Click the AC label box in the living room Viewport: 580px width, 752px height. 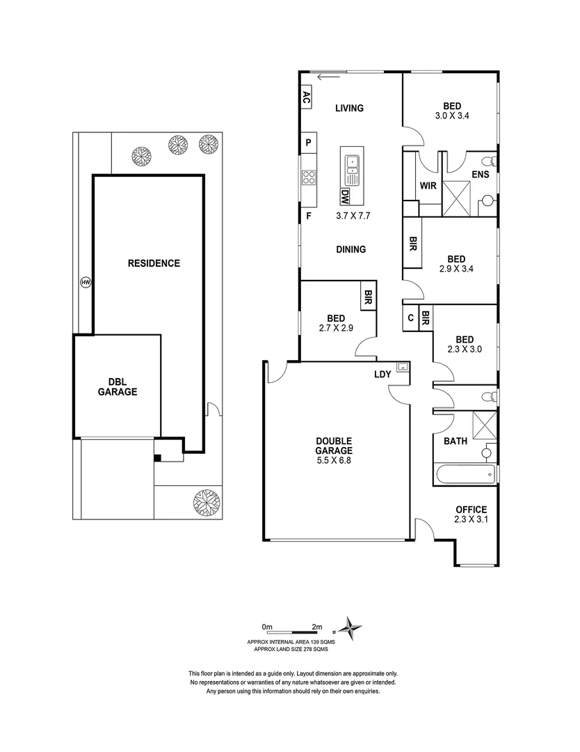305,97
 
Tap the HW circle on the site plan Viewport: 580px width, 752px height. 86,283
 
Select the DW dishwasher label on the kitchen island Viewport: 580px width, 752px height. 344,197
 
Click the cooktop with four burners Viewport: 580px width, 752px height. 309,178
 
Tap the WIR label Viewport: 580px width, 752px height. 428,186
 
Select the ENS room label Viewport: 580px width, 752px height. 480,175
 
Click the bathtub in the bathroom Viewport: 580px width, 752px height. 465,477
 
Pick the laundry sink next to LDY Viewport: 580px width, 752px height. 401,366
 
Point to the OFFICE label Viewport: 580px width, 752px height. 471,510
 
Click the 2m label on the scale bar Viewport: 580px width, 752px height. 317,626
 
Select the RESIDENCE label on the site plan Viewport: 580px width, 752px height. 154,263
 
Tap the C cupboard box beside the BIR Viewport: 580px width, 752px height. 410,318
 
